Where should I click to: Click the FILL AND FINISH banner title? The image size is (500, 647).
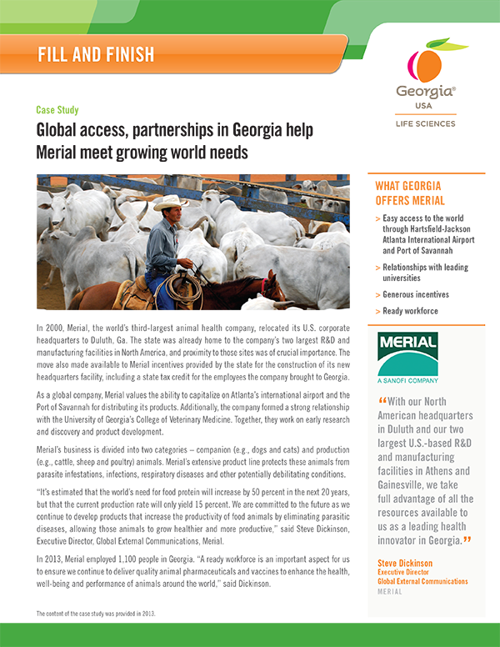[x=96, y=55]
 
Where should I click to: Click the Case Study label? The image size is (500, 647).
[x=57, y=110]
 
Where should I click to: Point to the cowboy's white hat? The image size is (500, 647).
[x=170, y=203]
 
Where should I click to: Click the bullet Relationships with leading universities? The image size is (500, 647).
[x=425, y=273]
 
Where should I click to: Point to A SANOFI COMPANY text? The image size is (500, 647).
[x=409, y=381]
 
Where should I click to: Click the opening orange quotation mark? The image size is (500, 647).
[x=382, y=403]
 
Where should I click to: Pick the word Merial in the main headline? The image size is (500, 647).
[x=62, y=153]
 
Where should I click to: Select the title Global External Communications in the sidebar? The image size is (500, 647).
[x=423, y=580]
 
